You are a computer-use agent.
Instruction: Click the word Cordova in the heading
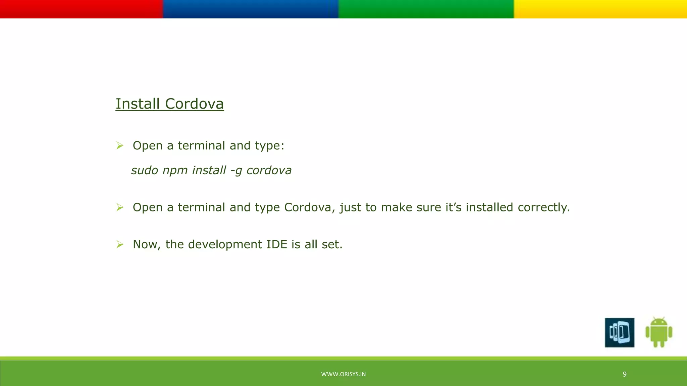pyautogui.click(x=194, y=104)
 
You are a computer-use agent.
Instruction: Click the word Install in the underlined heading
pyautogui.click(x=138, y=104)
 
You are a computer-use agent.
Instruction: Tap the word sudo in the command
pyautogui.click(x=144, y=170)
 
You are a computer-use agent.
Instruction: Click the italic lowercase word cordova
pyautogui.click(x=269, y=170)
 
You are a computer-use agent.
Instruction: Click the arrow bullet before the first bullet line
pyautogui.click(x=120, y=145)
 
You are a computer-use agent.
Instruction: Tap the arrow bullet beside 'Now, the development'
pyautogui.click(x=120, y=244)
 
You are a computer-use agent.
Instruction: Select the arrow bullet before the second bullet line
pyautogui.click(x=120, y=207)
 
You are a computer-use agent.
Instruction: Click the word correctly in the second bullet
pyautogui.click(x=543, y=207)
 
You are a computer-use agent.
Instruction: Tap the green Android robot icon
pyautogui.click(x=658, y=332)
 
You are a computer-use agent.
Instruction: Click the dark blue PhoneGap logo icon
pyautogui.click(x=619, y=332)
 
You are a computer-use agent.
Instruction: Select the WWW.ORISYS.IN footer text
pyautogui.click(x=343, y=374)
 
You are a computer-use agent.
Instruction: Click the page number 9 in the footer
pyautogui.click(x=624, y=374)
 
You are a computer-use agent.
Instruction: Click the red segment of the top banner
pyautogui.click(x=81, y=9)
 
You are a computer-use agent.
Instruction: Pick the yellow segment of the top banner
pyautogui.click(x=600, y=9)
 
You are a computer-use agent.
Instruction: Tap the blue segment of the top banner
pyautogui.click(x=251, y=9)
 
